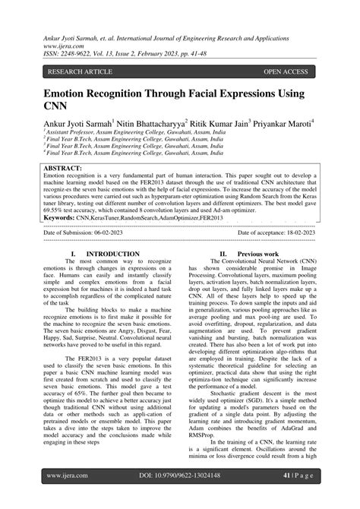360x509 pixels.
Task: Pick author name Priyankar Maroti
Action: coord(284,123)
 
